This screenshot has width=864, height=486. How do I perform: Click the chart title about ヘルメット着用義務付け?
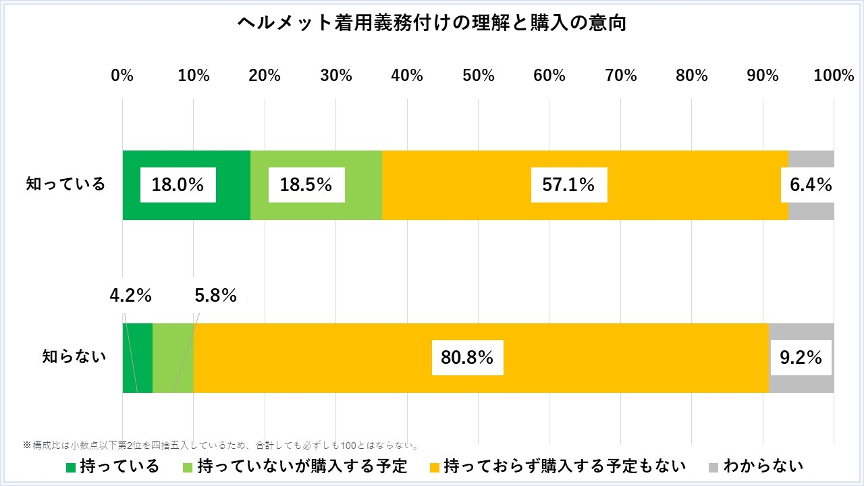432,24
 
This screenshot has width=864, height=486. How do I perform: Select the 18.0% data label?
178,185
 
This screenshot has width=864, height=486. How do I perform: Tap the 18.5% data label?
306,185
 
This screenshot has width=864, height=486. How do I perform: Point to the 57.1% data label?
569,185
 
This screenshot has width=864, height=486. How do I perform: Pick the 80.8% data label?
467,358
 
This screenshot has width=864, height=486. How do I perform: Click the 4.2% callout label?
130,296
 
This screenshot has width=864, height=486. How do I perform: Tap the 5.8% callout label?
215,296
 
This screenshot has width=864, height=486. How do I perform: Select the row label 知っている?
66,184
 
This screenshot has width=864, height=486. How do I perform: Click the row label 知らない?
74,357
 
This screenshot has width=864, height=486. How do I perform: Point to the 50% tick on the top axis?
479,76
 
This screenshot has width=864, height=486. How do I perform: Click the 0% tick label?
122,76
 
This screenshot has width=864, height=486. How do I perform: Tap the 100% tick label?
834,76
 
